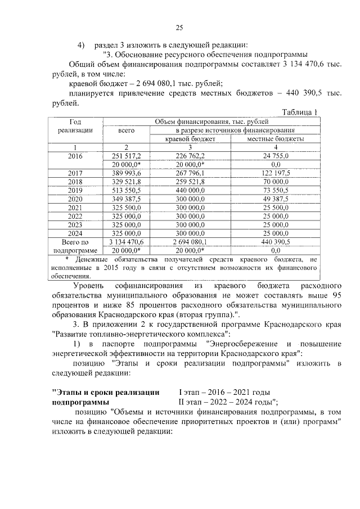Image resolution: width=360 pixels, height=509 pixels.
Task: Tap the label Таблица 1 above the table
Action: click(300, 112)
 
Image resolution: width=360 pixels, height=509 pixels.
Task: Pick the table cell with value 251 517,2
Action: click(127, 155)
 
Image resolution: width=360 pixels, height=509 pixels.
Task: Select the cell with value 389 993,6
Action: click(127, 173)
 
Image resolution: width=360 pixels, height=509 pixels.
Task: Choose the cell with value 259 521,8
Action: click(191, 182)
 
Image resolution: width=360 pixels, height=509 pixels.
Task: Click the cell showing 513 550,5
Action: click(127, 190)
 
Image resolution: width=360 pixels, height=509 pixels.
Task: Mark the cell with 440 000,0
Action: click(191, 190)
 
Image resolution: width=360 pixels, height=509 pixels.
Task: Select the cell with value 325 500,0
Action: click(127, 208)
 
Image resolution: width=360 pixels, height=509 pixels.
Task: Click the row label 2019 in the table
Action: click(75, 190)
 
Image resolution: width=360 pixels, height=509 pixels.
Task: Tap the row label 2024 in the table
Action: click(75, 233)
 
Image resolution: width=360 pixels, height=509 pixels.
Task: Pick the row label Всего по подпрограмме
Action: click(75, 246)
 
